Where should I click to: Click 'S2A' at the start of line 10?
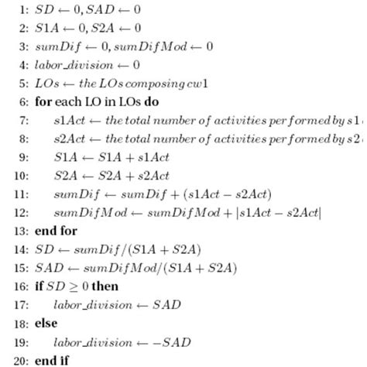coord(64,176)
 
